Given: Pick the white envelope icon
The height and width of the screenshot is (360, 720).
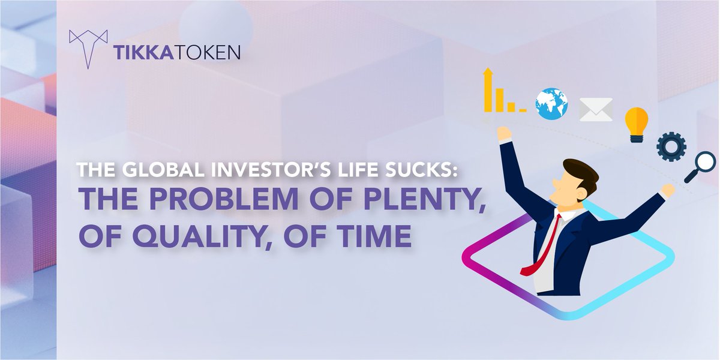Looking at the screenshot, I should pyautogui.click(x=596, y=109).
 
